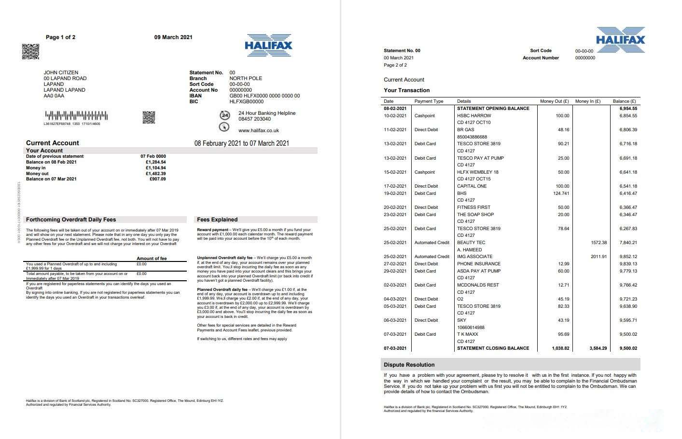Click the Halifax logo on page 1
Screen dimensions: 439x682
tap(268, 45)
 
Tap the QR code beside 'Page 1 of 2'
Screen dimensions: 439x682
tap(30, 52)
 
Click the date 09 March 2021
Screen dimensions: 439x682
tap(173, 37)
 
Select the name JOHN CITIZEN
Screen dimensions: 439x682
tap(61, 72)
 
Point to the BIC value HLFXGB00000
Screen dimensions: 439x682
tap(246, 102)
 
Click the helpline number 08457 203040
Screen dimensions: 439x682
tap(254, 119)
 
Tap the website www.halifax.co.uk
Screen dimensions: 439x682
tap(258, 130)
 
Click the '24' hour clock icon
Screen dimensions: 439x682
tap(224, 115)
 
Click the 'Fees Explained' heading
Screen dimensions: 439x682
tap(217, 219)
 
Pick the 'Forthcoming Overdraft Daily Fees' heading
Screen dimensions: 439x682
tap(71, 219)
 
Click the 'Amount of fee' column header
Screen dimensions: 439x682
tap(152, 259)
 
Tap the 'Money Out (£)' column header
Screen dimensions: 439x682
tap(554, 101)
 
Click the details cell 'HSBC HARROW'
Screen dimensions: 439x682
tap(474, 116)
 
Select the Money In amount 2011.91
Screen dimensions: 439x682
tap(598, 257)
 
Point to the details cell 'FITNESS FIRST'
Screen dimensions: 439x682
tap(473, 207)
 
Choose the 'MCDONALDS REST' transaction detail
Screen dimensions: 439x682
tap(478, 285)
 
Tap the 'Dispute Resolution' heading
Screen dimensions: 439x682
tap(409, 365)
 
